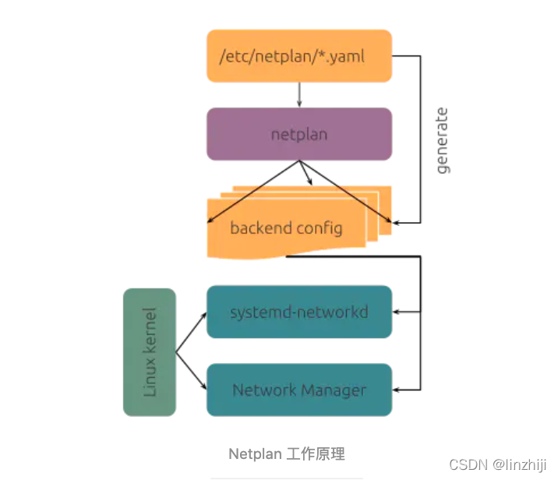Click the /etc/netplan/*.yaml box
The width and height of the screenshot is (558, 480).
[298, 55]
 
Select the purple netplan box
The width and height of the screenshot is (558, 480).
[298, 134]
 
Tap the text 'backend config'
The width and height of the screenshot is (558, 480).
[286, 228]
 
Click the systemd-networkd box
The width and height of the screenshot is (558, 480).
[298, 312]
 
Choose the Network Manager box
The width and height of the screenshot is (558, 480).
[298, 390]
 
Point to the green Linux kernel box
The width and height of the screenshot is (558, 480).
[150, 352]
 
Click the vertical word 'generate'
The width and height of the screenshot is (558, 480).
[443, 140]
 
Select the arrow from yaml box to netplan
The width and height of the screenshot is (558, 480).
[299, 94]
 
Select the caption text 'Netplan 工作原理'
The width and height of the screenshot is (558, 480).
[287, 454]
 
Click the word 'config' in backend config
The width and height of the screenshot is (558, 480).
[320, 228]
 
